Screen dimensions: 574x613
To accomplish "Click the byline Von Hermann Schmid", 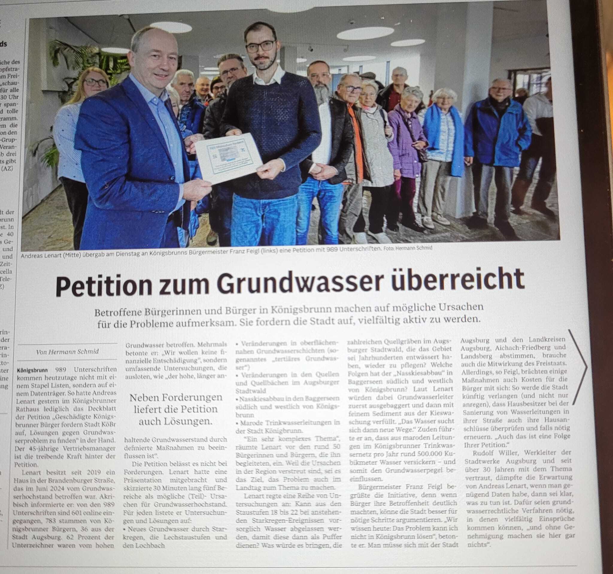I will [68, 352].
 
